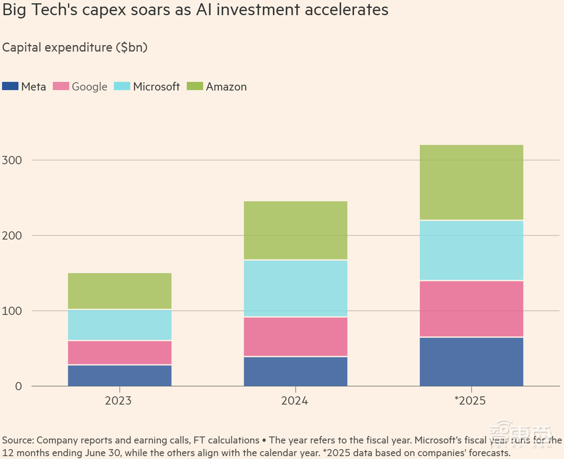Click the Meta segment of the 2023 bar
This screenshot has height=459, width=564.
click(x=120, y=376)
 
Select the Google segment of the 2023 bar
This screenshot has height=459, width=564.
click(x=120, y=352)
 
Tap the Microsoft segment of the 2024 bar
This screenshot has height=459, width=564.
click(x=296, y=288)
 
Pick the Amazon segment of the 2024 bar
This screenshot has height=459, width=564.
click(x=296, y=230)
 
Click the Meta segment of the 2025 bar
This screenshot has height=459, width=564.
click(x=472, y=361)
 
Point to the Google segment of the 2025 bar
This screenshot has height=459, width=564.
click(x=472, y=308)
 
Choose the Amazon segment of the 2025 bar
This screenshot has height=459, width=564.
click(x=472, y=182)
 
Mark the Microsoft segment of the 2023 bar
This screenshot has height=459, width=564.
click(x=120, y=325)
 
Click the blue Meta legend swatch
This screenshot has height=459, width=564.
click(x=10, y=86)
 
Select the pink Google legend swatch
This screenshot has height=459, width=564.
click(x=60, y=86)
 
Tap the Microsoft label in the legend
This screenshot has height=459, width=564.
click(x=156, y=86)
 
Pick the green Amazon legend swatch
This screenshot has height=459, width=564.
click(x=195, y=86)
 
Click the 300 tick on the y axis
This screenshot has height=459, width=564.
click(x=12, y=160)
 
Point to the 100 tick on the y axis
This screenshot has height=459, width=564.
click(x=12, y=311)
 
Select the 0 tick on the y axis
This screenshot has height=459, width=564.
click(x=19, y=386)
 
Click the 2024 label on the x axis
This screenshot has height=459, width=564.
click(x=296, y=401)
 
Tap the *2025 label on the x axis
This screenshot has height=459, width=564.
click(x=470, y=401)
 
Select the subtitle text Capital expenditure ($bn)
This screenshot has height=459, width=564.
click(x=75, y=47)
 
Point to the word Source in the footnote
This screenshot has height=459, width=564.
click(x=17, y=440)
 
